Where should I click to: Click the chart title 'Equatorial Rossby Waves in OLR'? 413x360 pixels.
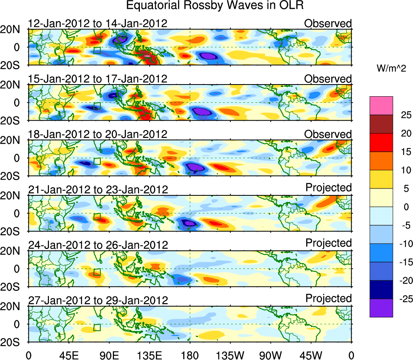click(215, 6)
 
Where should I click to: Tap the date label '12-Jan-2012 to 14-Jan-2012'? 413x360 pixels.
click(97, 23)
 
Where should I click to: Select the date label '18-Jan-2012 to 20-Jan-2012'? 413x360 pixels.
click(97, 134)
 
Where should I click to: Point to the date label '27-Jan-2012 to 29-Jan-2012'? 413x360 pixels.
click(97, 301)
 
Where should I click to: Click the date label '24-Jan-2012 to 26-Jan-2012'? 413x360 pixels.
click(97, 245)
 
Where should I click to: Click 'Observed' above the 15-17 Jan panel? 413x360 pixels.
click(328, 79)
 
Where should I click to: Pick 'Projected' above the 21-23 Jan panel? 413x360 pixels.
click(328, 188)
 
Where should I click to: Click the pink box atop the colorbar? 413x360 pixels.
click(381, 106)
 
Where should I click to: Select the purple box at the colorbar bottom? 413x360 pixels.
click(381, 308)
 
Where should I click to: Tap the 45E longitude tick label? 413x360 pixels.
click(68, 355)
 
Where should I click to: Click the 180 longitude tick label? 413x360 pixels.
click(190, 355)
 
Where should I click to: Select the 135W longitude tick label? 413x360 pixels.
click(231, 355)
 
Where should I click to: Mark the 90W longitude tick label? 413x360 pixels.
click(271, 355)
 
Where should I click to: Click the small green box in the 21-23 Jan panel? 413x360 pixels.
click(97, 216)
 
